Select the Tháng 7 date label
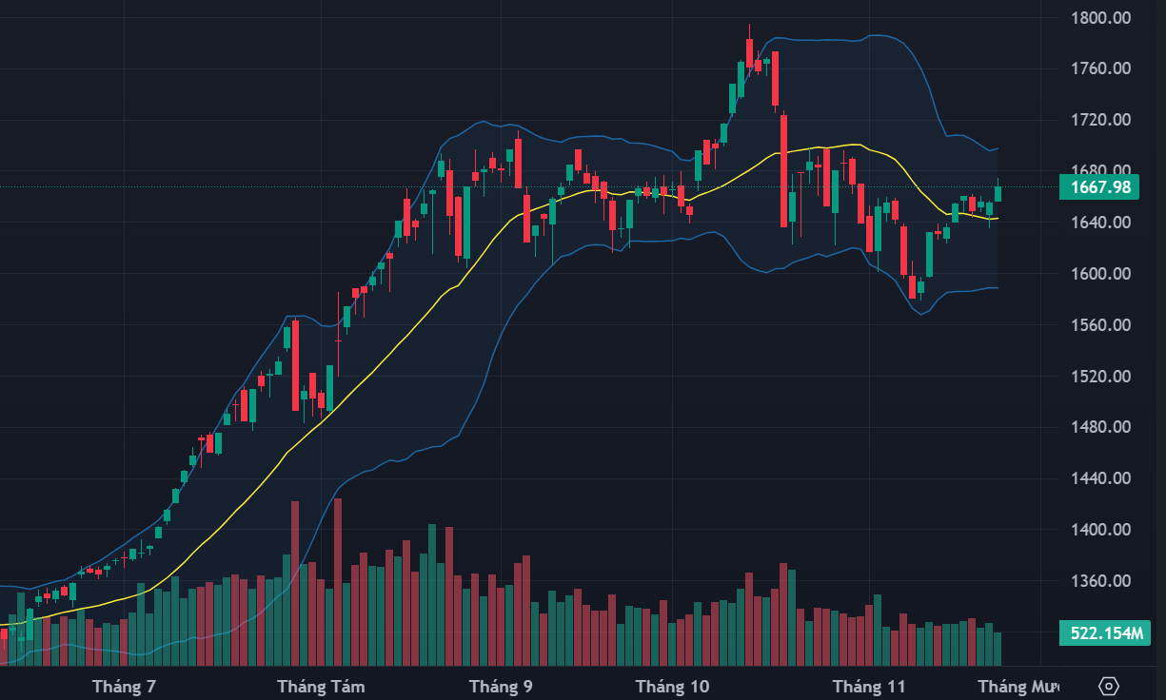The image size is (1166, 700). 124,686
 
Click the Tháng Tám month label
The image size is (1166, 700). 321,686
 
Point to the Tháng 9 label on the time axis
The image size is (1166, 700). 501,686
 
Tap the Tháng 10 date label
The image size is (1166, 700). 672,686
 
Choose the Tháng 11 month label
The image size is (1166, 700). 869,686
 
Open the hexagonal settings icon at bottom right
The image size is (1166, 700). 1109,686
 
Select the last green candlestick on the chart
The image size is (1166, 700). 998,194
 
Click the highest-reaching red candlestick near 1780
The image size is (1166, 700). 749,53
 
